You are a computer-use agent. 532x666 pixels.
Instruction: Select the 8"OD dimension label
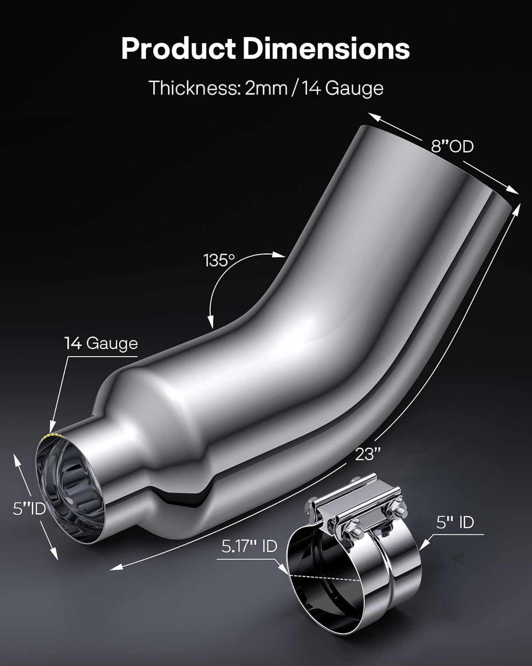(x=453, y=146)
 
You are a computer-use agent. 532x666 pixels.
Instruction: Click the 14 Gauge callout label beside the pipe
(x=101, y=343)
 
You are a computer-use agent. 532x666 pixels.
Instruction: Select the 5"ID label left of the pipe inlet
(x=29, y=508)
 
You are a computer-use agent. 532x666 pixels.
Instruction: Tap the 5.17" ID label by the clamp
(x=249, y=546)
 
